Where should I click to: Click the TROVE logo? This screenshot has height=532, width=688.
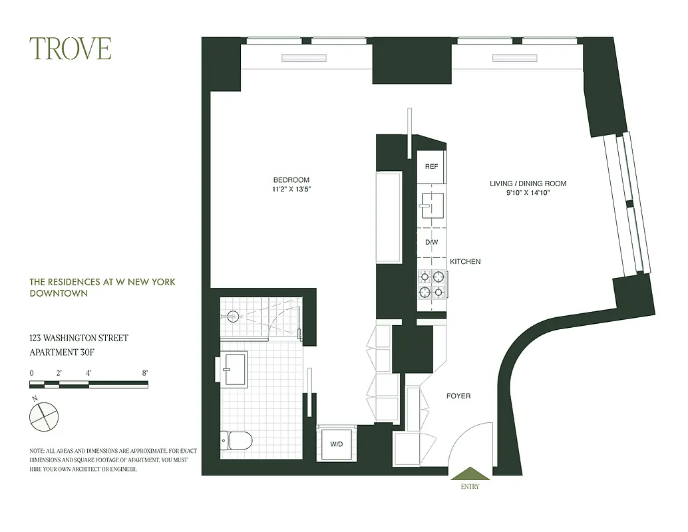pyautogui.click(x=70, y=49)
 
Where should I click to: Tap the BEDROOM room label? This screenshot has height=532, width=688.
pyautogui.click(x=291, y=180)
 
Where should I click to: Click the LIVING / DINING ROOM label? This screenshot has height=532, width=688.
pyautogui.click(x=528, y=184)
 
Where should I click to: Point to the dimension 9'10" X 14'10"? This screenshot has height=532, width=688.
pyautogui.click(x=528, y=193)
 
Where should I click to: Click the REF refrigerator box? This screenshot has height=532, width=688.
pyautogui.click(x=431, y=166)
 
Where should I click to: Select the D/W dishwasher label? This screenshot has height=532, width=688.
pyautogui.click(x=431, y=242)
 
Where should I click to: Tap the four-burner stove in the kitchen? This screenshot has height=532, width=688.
pyautogui.click(x=431, y=284)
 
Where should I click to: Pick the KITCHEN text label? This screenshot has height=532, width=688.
pyautogui.click(x=464, y=262)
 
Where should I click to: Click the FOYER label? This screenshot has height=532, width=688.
pyautogui.click(x=458, y=396)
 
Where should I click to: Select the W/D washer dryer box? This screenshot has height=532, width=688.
pyautogui.click(x=337, y=444)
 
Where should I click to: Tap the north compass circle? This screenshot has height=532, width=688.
pyautogui.click(x=44, y=416)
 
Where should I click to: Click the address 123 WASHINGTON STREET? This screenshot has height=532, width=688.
pyautogui.click(x=79, y=338)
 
